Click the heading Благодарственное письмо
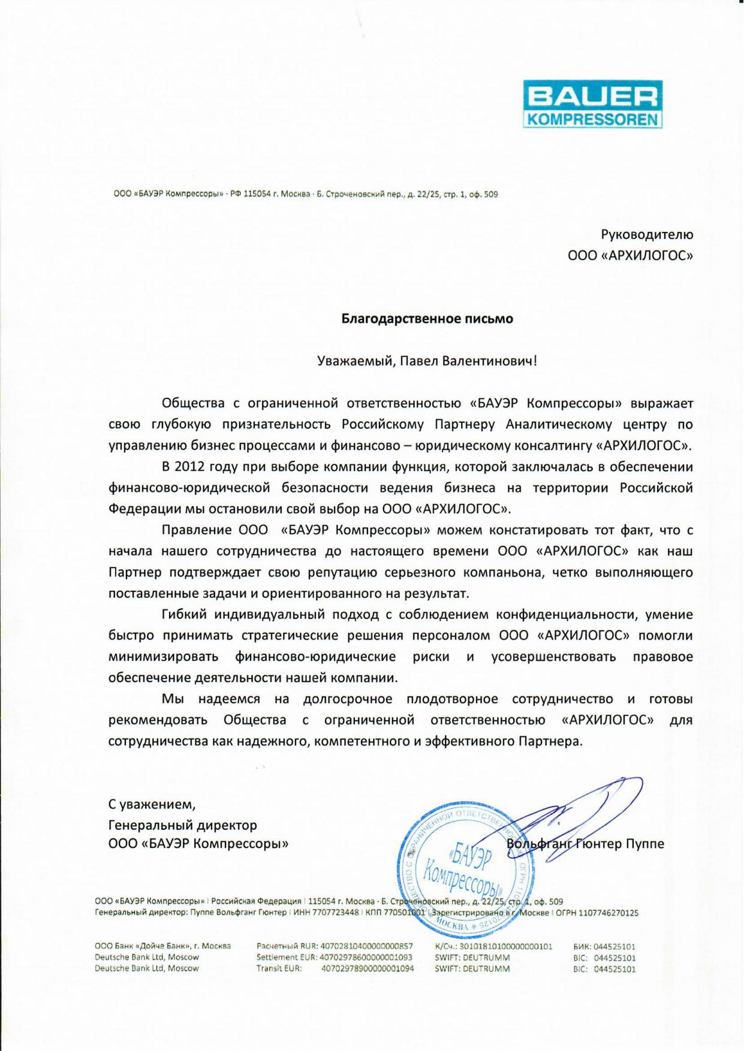pos(427,319)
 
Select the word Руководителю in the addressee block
pos(647,234)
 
